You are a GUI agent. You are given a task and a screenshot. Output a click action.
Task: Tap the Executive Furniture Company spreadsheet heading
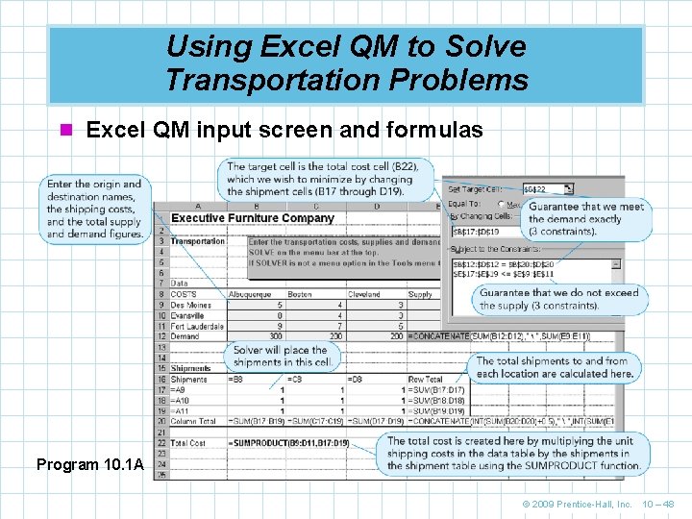tap(252, 218)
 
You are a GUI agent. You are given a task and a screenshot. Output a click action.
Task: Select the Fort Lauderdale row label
tap(196, 326)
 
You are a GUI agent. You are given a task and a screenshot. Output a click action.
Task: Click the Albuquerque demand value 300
tap(276, 336)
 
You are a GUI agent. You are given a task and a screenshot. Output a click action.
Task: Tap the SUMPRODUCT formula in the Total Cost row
tap(289, 442)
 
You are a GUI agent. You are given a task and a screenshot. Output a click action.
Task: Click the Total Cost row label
tap(189, 442)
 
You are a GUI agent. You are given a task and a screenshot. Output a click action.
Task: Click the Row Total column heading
tap(425, 380)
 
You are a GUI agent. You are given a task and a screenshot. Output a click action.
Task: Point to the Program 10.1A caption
tap(90, 465)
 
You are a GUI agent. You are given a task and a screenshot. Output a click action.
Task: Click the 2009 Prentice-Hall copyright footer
tap(577, 504)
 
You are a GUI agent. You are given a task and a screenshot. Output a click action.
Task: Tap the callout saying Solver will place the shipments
tap(281, 357)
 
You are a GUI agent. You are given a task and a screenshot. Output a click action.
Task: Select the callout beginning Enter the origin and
tap(94, 209)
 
